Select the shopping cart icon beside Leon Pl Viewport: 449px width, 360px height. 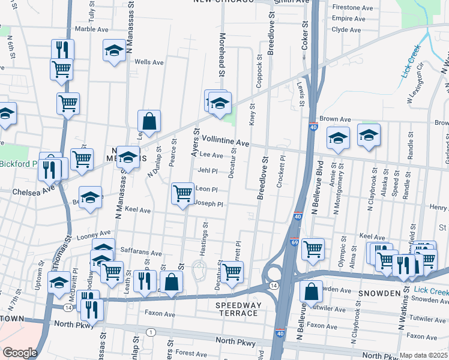pyautogui.click(x=183, y=194)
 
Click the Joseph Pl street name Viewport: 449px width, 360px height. pyautogui.click(x=209, y=204)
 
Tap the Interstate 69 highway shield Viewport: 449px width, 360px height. pyautogui.click(x=294, y=242)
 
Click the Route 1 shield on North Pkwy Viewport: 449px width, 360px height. pyautogui.click(x=150, y=332)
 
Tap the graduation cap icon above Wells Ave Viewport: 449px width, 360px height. pyautogui.click(x=113, y=50)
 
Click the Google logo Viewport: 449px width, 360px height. pyautogui.click(x=20, y=352)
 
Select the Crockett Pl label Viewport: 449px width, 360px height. pyautogui.click(x=280, y=173)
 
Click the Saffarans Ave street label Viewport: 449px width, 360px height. pyautogui.click(x=141, y=254)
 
